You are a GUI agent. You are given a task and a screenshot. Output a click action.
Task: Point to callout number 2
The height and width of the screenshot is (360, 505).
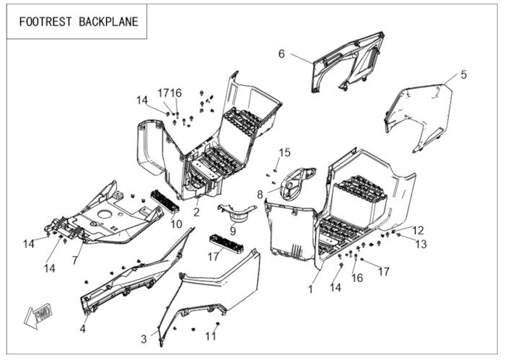[x=196, y=212]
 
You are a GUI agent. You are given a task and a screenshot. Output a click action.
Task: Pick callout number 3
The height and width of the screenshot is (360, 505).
[x=144, y=338]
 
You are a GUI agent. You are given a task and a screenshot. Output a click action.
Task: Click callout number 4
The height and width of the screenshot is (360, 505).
[x=83, y=329]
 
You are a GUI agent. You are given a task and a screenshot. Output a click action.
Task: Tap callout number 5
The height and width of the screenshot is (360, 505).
[x=464, y=74]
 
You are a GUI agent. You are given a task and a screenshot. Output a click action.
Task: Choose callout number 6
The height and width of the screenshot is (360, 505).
[x=282, y=53]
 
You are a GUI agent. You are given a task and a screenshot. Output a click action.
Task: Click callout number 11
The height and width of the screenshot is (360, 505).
[x=210, y=335]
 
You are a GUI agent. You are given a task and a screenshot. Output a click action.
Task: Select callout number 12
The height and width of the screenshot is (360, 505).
[x=418, y=230]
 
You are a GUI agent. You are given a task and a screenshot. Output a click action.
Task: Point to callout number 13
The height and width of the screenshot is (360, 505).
[x=420, y=245]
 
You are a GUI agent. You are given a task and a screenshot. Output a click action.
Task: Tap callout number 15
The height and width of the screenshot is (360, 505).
[x=285, y=152]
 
